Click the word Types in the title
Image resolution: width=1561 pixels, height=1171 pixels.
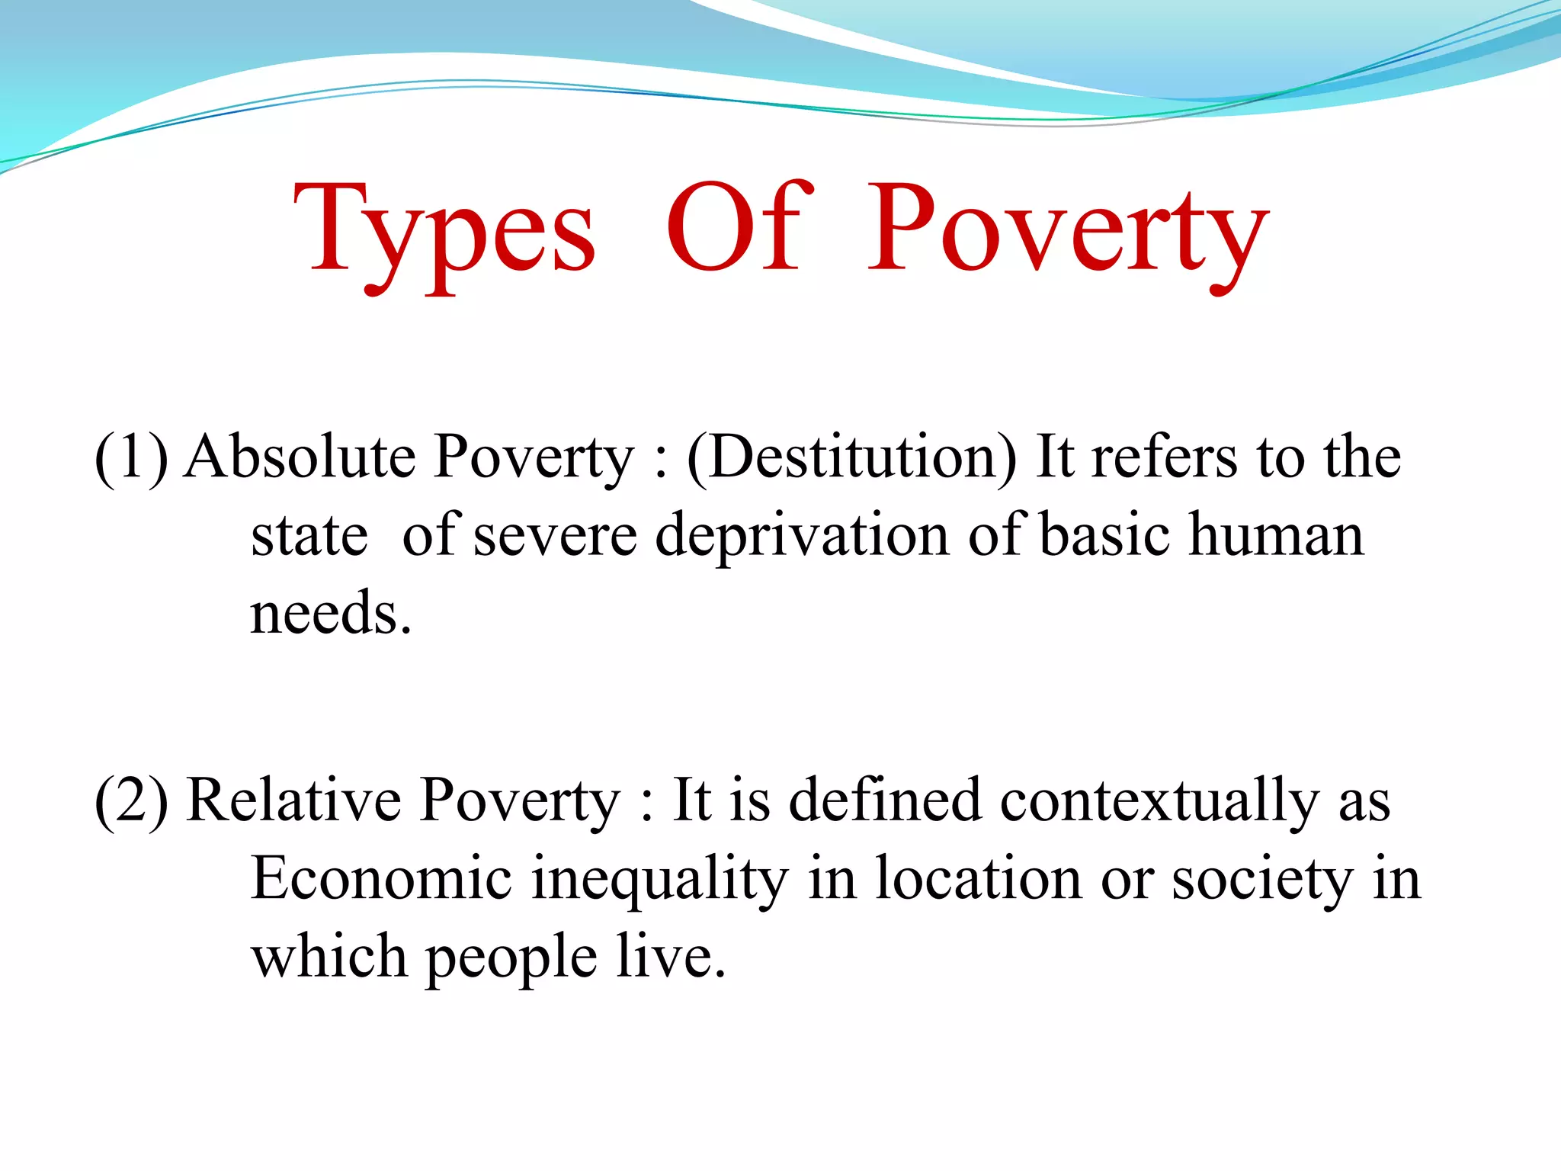(x=444, y=229)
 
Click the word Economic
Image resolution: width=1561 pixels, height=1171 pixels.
(x=381, y=878)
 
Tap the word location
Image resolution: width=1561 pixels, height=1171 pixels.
(x=978, y=878)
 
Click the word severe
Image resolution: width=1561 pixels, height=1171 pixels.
(x=555, y=536)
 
